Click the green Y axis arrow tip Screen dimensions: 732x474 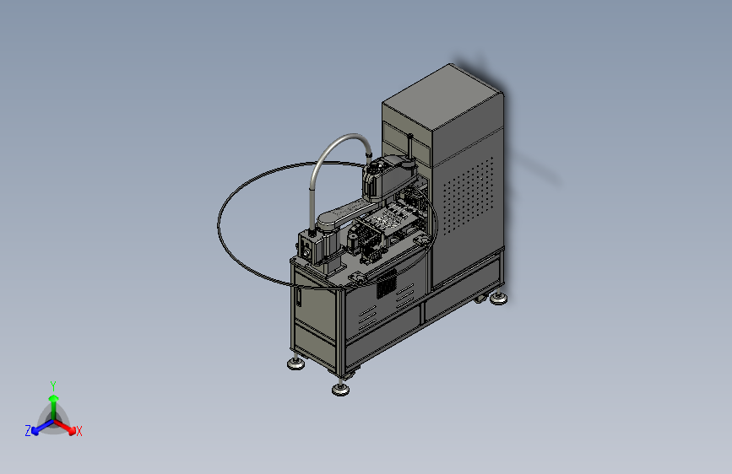53,398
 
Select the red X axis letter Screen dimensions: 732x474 79,431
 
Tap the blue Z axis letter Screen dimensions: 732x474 28,431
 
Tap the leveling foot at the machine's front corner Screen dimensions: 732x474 341,388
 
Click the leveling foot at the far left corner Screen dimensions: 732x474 296,363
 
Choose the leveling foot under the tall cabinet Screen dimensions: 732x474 499,298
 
